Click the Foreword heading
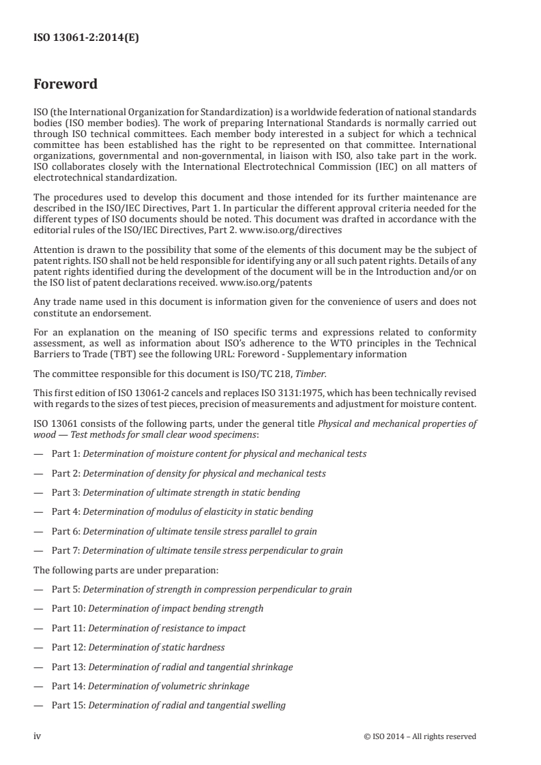tap(65, 85)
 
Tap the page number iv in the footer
tap(38, 736)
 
